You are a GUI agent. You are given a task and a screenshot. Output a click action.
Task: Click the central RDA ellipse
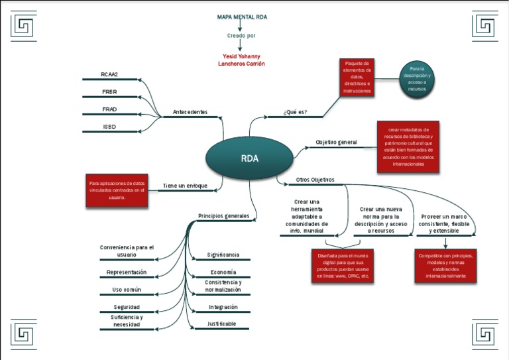point(249,158)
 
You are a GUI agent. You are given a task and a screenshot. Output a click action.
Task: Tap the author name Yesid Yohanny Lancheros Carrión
point(241,60)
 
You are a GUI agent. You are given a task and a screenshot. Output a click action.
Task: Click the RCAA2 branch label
point(109,74)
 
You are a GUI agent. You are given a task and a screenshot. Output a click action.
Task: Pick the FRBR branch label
point(109,91)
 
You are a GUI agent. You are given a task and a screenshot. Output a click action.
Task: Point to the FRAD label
point(109,109)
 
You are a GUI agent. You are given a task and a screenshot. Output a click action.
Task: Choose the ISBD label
point(109,126)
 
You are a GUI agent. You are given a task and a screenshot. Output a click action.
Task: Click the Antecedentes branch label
point(190,112)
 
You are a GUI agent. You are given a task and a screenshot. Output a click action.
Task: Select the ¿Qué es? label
point(295,112)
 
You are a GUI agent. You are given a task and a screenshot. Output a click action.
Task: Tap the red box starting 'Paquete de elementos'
point(357,77)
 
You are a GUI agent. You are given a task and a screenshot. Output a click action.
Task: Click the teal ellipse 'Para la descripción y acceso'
point(417,78)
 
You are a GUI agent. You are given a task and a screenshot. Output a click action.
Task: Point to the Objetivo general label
point(336,142)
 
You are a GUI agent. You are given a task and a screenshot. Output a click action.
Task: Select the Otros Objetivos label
point(315,180)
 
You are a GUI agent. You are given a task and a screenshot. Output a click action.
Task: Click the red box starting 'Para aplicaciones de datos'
point(117,190)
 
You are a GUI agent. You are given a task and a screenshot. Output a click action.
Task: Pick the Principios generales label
point(223,215)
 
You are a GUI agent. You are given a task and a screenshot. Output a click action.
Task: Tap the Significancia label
point(223,255)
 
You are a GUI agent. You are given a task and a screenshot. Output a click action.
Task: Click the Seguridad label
point(126,307)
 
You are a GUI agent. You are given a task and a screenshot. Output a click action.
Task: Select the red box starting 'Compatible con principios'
point(445,265)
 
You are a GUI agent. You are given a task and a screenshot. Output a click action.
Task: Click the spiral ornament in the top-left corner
point(25,26)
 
